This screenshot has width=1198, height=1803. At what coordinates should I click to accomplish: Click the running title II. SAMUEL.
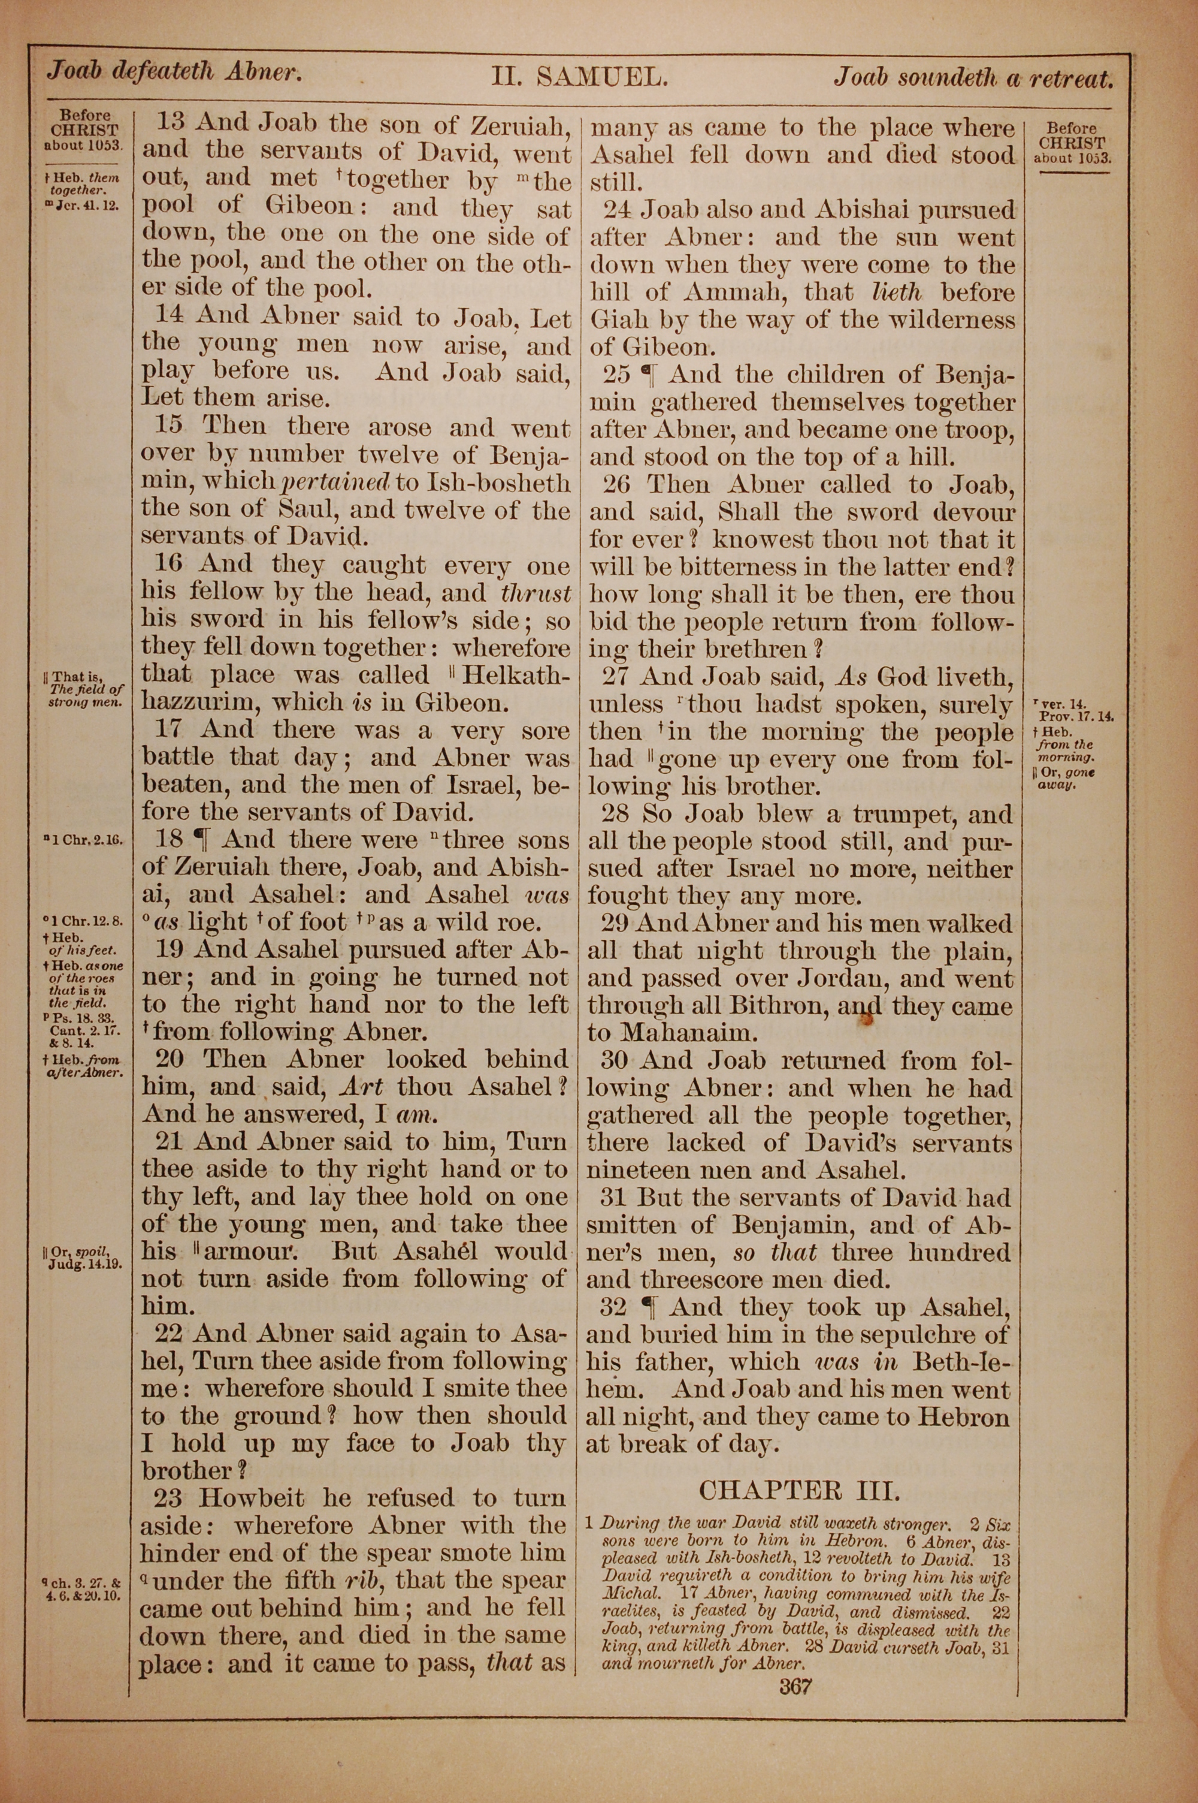580,77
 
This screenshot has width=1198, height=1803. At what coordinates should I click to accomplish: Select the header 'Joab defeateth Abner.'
175,73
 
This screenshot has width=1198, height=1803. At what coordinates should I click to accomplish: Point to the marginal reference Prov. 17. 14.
1076,716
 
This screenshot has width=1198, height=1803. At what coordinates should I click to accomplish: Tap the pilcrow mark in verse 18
202,839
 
